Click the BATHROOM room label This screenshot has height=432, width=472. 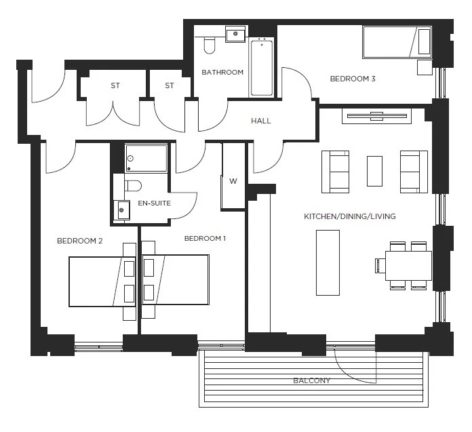pyautogui.click(x=222, y=73)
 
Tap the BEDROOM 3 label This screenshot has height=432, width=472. pyautogui.click(x=352, y=79)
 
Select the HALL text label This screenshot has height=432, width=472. pyautogui.click(x=260, y=121)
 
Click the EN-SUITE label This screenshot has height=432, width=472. pyautogui.click(x=154, y=203)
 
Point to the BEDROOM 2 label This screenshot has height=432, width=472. pyautogui.click(x=79, y=240)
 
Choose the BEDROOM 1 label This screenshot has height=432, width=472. pyautogui.click(x=205, y=239)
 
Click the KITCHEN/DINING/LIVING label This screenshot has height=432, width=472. pyautogui.click(x=349, y=217)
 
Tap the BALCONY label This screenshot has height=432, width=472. pyautogui.click(x=311, y=380)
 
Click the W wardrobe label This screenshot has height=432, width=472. pyautogui.click(x=233, y=181)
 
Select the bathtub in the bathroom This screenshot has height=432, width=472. pyautogui.click(x=261, y=68)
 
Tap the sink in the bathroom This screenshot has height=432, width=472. pyautogui.click(x=235, y=33)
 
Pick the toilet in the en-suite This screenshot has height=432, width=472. pyautogui.click(x=133, y=185)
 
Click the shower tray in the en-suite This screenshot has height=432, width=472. pyautogui.click(x=146, y=158)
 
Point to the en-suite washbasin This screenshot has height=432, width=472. pyautogui.click(x=121, y=209)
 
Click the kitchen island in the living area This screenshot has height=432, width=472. pyautogui.click(x=328, y=262)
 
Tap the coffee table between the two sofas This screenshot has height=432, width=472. pyautogui.click(x=374, y=171)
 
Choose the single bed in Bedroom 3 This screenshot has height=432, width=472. pyautogui.click(x=397, y=42)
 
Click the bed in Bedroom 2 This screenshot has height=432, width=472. pyautogui.click(x=102, y=281)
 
